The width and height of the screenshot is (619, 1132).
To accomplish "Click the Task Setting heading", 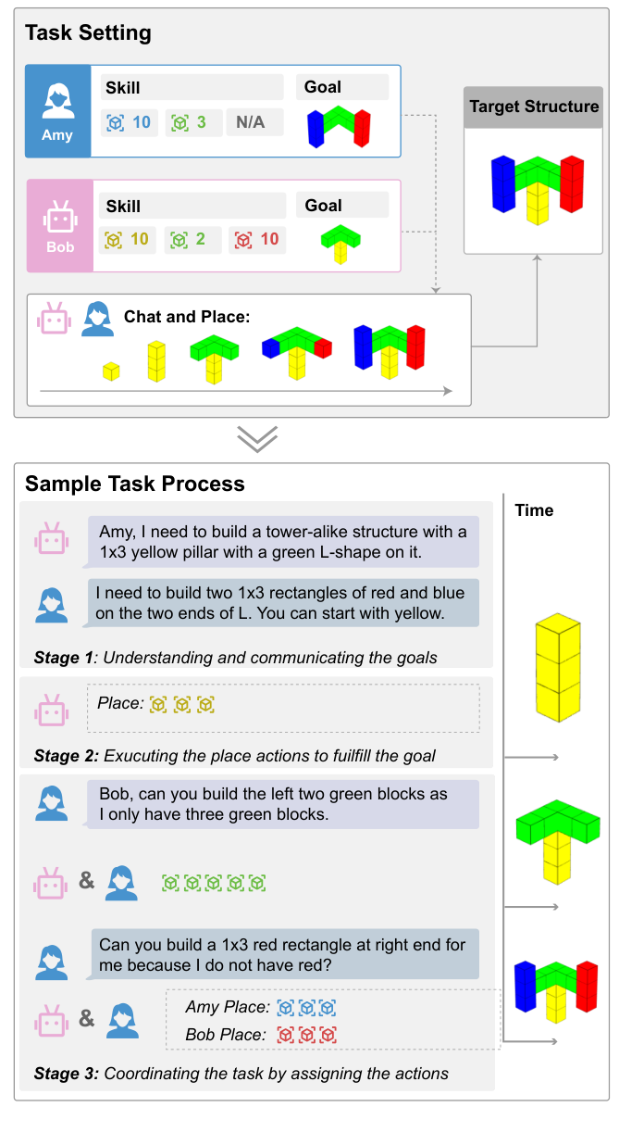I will [x=88, y=34].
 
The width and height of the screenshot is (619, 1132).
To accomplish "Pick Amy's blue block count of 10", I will [x=129, y=122].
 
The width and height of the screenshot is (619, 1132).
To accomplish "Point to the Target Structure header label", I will [x=534, y=107].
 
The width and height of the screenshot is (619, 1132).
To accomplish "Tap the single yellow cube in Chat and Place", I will [x=111, y=371].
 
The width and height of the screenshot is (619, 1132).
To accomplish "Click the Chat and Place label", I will [x=187, y=317].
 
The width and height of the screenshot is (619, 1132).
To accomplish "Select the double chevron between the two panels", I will [x=258, y=439].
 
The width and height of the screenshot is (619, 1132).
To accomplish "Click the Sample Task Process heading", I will [x=134, y=484].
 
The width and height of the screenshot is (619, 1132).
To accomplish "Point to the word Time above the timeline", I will [x=534, y=510].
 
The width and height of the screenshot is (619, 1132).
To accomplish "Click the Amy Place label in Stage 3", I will [x=228, y=1007].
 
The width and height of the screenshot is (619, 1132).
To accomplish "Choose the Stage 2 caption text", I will [x=234, y=756].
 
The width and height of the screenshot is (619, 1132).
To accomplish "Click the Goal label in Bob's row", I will [x=323, y=206].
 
